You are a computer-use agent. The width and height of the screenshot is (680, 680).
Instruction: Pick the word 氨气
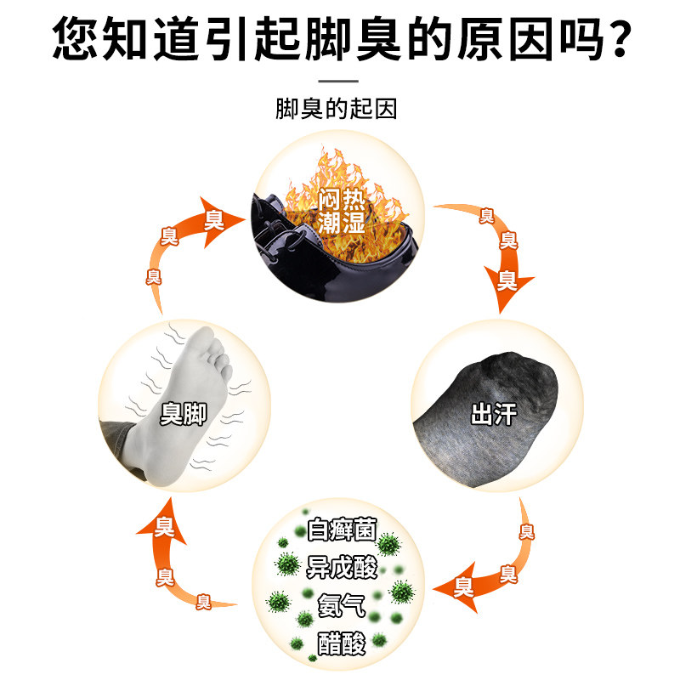coord(341,605)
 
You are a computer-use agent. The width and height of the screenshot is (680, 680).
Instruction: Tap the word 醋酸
coord(341,643)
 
